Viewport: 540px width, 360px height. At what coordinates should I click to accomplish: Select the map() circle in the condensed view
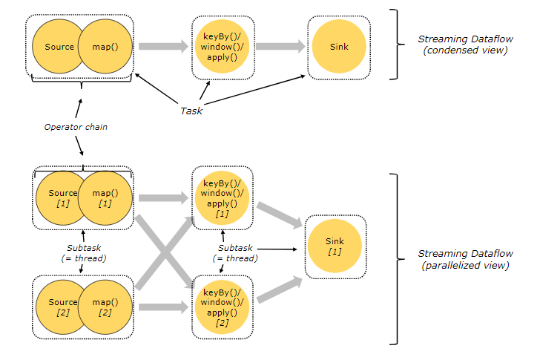[x=105, y=47]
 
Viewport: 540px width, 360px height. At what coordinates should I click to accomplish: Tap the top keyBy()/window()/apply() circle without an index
[x=223, y=47]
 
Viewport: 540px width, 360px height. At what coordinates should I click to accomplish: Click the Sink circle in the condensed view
[x=338, y=47]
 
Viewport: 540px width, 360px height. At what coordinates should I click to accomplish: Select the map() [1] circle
[x=105, y=198]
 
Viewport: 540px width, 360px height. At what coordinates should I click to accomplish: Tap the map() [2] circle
[x=105, y=307]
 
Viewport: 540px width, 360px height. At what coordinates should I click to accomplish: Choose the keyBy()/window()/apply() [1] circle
[x=223, y=198]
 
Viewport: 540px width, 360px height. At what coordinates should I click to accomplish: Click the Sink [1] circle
[x=335, y=246]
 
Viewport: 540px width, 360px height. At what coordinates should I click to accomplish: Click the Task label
[x=191, y=111]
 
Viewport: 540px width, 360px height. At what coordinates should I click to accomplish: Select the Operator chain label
[x=75, y=127]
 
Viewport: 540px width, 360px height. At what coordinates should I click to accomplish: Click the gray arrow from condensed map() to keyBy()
[x=164, y=47]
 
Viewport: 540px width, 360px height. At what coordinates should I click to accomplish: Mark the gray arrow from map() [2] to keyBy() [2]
[x=164, y=307]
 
